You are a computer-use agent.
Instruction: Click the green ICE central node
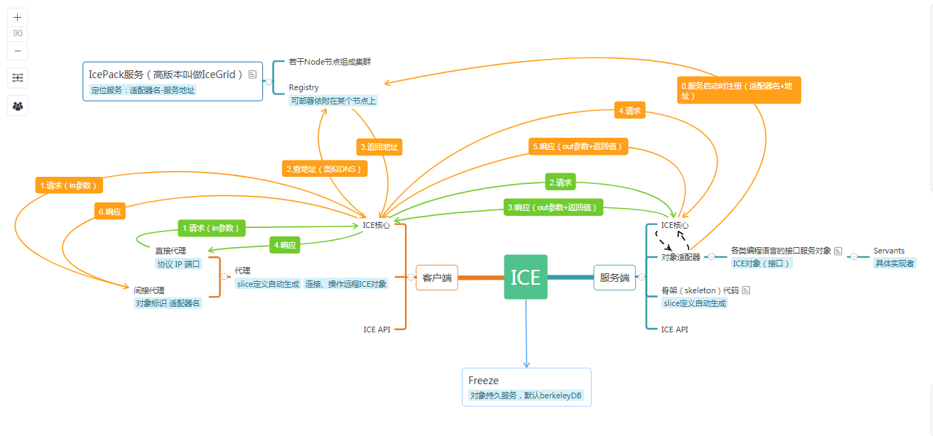tap(526, 277)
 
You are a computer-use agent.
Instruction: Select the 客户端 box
tap(437, 278)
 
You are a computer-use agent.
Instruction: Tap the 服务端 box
tap(615, 278)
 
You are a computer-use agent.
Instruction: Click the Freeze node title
tap(484, 381)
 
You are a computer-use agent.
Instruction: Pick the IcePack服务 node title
tap(166, 74)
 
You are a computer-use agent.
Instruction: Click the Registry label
tap(304, 87)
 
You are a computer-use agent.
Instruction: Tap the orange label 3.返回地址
tap(379, 148)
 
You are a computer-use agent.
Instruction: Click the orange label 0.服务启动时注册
tap(739, 90)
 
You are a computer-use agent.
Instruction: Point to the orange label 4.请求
tap(630, 111)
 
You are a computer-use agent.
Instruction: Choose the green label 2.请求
tap(560, 182)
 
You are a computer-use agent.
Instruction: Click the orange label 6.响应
tap(109, 212)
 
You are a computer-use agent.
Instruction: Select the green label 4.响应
tap(284, 245)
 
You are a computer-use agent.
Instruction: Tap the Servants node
tap(889, 251)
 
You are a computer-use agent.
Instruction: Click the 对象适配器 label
tap(681, 257)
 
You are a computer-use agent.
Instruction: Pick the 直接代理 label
tap(171, 251)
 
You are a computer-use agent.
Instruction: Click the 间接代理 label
tap(149, 290)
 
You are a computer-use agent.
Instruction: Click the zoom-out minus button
tap(18, 51)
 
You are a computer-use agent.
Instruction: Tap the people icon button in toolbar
tap(18, 107)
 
